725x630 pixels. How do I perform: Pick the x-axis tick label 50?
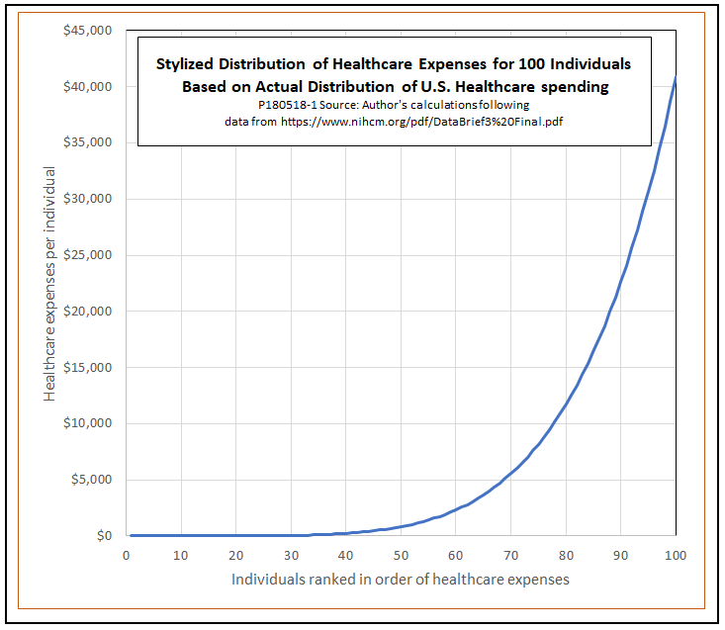401,555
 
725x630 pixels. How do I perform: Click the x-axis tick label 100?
675,555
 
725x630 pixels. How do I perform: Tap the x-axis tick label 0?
126,555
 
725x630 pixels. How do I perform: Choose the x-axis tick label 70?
510,555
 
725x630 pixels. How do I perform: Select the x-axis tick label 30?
291,555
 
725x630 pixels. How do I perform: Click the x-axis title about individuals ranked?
401,579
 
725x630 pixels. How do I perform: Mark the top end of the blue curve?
676,77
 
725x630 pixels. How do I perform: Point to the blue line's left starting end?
132,535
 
